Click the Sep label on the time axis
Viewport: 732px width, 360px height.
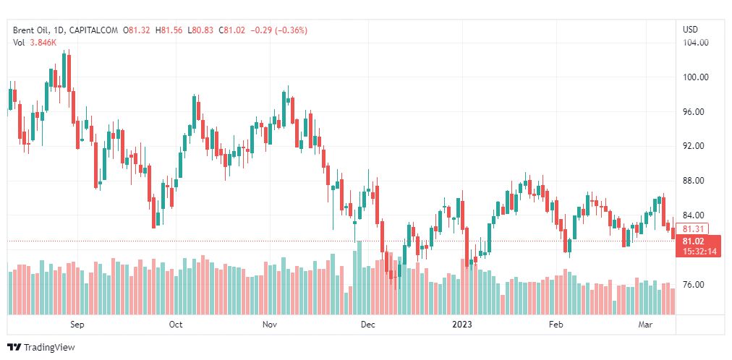tap(77, 325)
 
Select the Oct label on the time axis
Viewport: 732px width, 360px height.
tap(176, 325)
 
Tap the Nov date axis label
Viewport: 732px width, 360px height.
tap(270, 325)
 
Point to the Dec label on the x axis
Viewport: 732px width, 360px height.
tap(367, 325)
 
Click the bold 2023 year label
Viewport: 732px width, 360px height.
tap(461, 325)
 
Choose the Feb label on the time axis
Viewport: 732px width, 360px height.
tap(556, 325)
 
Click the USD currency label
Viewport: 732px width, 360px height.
tap(690, 30)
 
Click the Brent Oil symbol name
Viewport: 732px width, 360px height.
tap(32, 30)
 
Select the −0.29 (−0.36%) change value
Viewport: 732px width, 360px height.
tap(278, 30)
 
